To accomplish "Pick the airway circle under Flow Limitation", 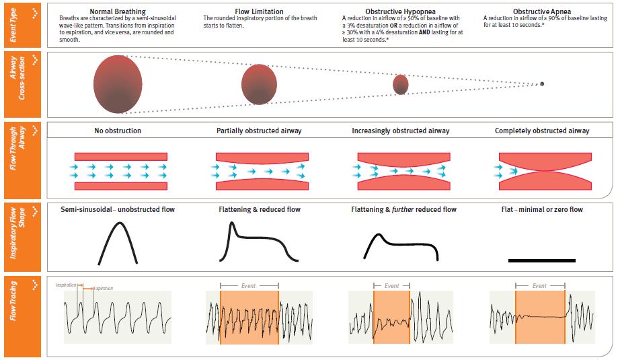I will [259, 84].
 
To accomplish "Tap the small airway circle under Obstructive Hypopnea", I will [401, 84].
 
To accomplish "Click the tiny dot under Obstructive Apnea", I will [543, 84].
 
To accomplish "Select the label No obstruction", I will [118, 131].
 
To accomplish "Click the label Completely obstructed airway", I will [542, 131].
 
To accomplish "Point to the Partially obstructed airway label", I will [259, 131].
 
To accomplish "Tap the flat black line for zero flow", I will [542, 260].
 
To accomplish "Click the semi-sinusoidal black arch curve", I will [119, 243].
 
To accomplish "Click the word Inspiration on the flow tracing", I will [67, 285].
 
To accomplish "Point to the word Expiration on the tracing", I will [103, 288].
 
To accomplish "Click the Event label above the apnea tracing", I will [540, 286].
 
